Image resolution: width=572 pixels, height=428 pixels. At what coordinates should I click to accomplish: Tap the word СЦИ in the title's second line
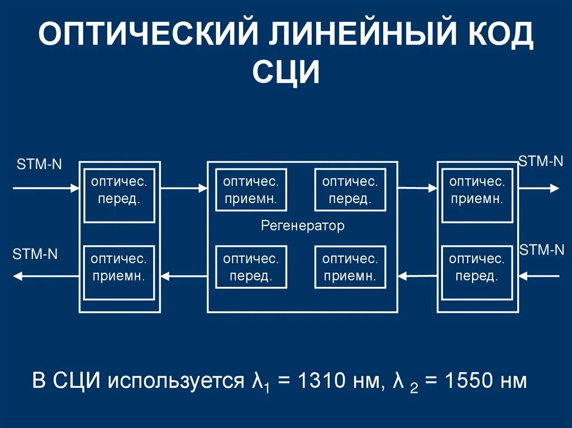click(286, 73)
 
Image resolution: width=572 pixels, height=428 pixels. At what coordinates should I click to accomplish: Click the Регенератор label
click(303, 226)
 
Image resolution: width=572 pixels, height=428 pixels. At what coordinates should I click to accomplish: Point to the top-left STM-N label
click(39, 164)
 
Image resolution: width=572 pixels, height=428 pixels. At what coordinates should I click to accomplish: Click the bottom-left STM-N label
click(35, 254)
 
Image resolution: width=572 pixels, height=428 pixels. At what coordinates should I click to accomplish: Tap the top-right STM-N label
click(541, 162)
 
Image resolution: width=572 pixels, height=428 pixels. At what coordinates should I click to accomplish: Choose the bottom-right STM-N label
click(542, 249)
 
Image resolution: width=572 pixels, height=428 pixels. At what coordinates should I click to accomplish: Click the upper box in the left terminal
click(119, 191)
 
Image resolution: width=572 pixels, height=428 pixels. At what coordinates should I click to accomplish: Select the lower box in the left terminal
click(119, 267)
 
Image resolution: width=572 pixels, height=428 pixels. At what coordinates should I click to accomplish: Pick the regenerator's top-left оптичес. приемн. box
click(251, 190)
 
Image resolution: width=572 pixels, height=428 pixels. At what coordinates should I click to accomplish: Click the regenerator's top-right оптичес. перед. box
click(350, 190)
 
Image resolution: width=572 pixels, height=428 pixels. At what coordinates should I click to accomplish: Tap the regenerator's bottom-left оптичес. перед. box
click(251, 267)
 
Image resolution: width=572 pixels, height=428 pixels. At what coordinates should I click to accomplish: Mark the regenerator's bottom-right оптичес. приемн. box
click(350, 267)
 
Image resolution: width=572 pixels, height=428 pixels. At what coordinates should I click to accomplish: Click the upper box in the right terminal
click(476, 190)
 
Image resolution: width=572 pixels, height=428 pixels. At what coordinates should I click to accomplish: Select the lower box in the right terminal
click(476, 267)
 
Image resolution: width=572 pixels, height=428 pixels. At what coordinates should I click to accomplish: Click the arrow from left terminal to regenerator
click(184, 189)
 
